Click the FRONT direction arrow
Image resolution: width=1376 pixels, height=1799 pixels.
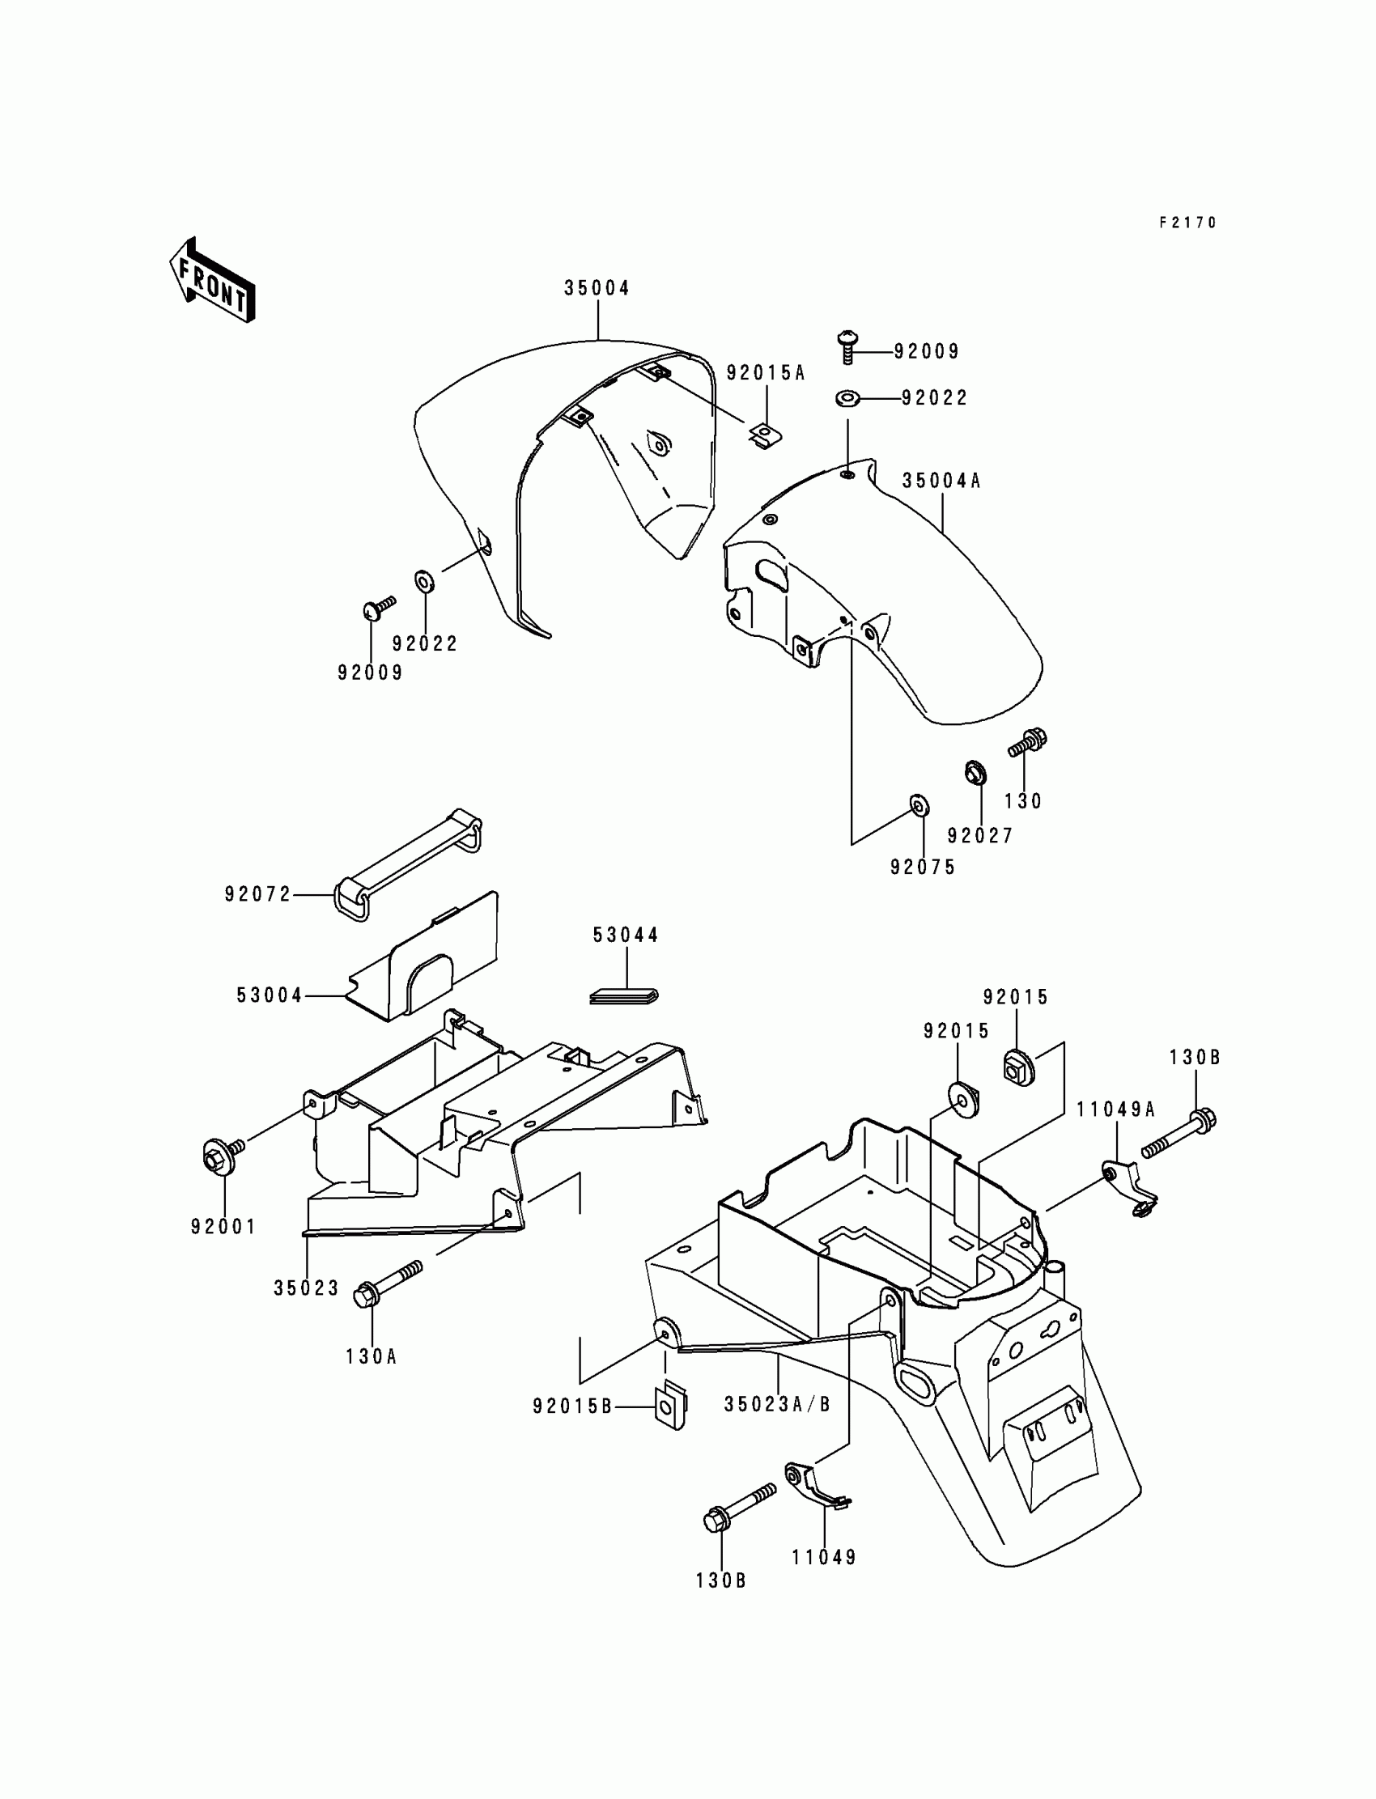pos(212,280)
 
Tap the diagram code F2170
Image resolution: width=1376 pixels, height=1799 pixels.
pos(1187,223)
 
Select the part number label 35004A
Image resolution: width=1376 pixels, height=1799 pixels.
pos(941,481)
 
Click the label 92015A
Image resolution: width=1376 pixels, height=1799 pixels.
pos(766,373)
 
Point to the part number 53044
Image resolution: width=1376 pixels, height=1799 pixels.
pos(626,936)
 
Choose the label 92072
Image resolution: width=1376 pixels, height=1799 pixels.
pos(258,895)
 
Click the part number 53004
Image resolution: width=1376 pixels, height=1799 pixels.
pos(270,995)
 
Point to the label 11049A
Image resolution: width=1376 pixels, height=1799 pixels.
pos(1115,1110)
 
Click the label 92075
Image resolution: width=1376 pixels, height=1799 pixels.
pos(923,868)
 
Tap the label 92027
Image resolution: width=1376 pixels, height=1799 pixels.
pos(980,835)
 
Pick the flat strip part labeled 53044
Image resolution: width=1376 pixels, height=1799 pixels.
pos(624,995)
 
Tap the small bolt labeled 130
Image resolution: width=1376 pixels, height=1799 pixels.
pos(1028,743)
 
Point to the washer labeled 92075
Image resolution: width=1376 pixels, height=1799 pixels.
pos(919,806)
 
